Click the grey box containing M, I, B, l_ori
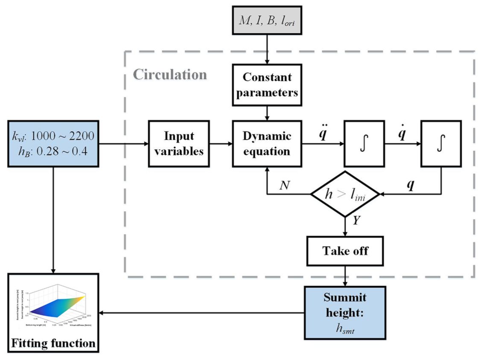(x=267, y=20)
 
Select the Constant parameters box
(x=267, y=85)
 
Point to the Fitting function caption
(x=53, y=343)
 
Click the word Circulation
(x=170, y=75)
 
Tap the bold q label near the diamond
(x=411, y=186)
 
